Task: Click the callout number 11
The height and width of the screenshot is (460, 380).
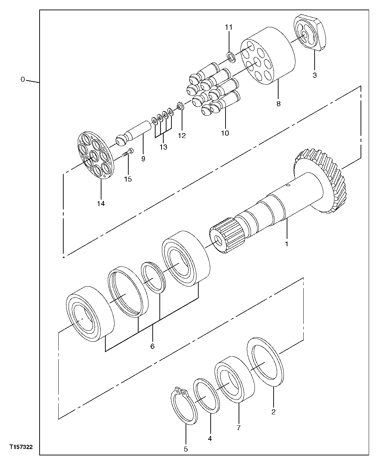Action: [229, 27]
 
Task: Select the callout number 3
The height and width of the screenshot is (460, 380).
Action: [314, 75]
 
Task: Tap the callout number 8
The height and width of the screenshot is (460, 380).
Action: [278, 104]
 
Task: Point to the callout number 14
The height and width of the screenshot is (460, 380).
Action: [101, 203]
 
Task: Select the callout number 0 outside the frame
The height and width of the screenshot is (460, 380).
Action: [22, 80]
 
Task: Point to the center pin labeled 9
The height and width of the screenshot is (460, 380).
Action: [134, 133]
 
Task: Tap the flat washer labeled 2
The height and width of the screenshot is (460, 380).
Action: [265, 362]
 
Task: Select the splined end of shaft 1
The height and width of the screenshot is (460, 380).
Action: [228, 235]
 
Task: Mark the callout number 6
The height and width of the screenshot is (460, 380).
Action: [152, 346]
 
